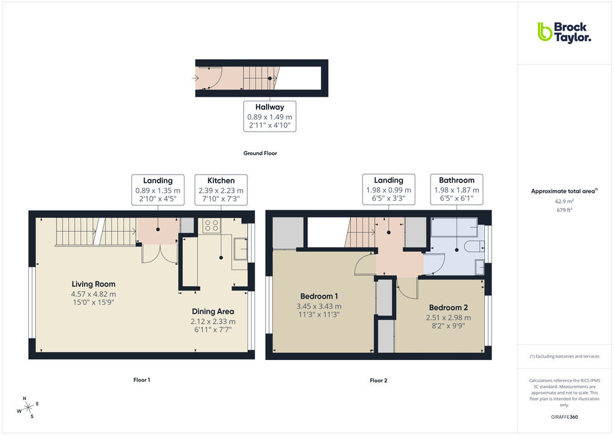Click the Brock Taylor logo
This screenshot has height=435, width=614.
[x=564, y=32]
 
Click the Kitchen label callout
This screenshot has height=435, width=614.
[x=221, y=190]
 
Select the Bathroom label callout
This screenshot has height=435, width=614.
[x=457, y=190]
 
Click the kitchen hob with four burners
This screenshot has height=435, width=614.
[x=212, y=225]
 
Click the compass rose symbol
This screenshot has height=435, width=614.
[x=28, y=408]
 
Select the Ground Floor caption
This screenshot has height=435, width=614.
[x=260, y=153]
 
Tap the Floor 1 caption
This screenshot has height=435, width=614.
[x=142, y=380]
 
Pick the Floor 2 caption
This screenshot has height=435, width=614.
[x=379, y=381]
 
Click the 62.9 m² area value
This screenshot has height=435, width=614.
[x=564, y=201]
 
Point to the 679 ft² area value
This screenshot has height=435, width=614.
[x=564, y=210]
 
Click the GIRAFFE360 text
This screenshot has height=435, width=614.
[x=565, y=417]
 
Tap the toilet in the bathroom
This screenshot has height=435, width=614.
[x=475, y=245]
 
